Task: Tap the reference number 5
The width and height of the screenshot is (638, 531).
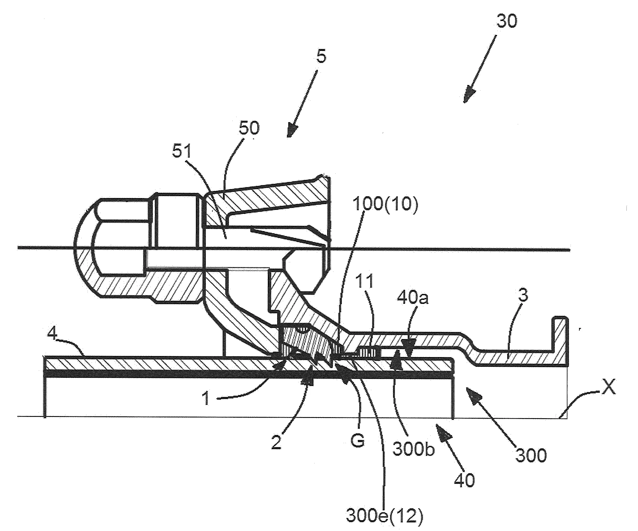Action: [x=321, y=57]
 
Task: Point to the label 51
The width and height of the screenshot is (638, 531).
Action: [x=182, y=151]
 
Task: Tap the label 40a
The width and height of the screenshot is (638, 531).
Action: [x=412, y=298]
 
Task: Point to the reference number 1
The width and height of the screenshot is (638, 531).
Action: [x=206, y=398]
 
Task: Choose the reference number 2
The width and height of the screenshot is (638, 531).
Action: [x=276, y=443]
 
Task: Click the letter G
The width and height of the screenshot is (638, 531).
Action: [x=357, y=440]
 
